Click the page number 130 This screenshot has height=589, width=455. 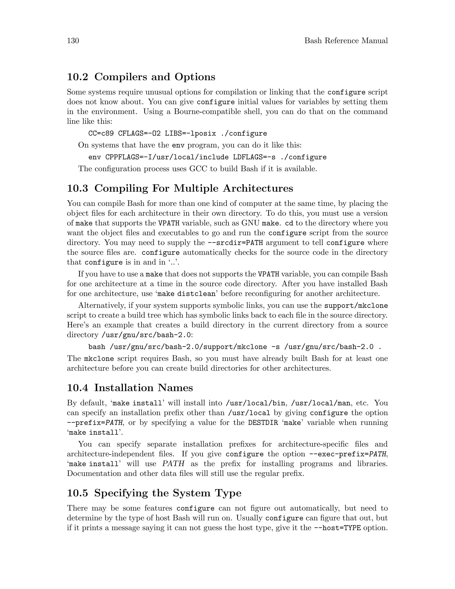(x=73, y=41)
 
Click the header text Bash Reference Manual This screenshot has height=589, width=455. (x=346, y=41)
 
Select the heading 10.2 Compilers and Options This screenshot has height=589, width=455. (x=141, y=77)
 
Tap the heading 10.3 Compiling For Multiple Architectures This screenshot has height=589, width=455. (x=180, y=188)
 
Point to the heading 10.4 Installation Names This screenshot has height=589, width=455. (x=130, y=388)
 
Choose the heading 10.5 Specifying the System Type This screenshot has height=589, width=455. (x=154, y=493)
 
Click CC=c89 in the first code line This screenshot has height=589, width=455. (x=101, y=134)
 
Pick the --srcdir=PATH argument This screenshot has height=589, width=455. (x=235, y=243)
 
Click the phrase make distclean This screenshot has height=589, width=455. (x=186, y=294)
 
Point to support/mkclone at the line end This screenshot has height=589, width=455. (x=356, y=306)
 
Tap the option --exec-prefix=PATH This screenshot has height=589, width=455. (x=347, y=454)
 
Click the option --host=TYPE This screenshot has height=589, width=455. (x=337, y=528)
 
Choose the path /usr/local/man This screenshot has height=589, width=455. (x=321, y=403)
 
